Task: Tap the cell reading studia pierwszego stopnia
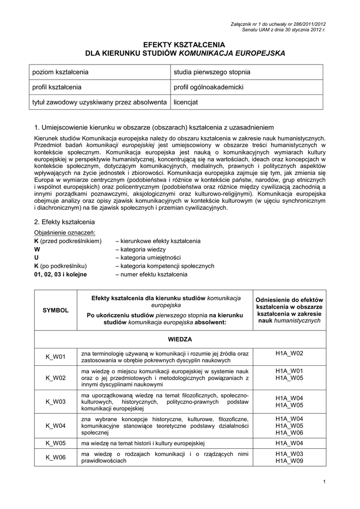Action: (x=212, y=73)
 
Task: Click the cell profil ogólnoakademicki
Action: (x=208, y=87)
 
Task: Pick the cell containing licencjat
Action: (x=185, y=102)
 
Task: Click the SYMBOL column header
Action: (x=56, y=310)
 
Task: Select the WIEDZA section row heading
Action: (x=180, y=339)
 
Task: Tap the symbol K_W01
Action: (x=56, y=356)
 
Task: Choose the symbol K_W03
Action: (x=56, y=402)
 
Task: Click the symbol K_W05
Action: (x=56, y=442)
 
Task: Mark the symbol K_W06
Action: (x=56, y=457)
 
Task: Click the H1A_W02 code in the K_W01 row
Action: (x=289, y=353)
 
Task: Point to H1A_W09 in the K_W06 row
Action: (x=289, y=461)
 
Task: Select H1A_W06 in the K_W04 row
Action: (x=289, y=433)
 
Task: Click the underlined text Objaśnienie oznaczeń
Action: (x=64, y=233)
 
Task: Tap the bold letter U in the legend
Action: (x=36, y=257)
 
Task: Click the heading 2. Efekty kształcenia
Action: (x=64, y=222)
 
